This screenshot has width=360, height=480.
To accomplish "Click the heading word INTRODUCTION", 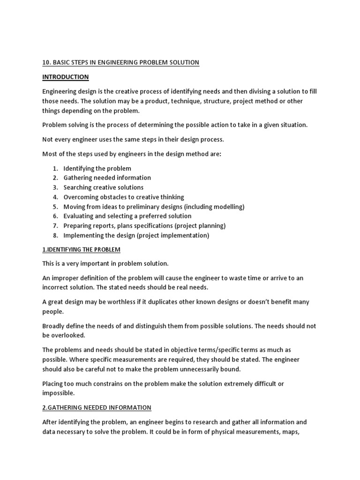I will click(x=65, y=77).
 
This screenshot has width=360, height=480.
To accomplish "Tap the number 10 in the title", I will click(x=46, y=62).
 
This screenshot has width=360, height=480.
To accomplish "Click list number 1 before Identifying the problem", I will click(x=55, y=168).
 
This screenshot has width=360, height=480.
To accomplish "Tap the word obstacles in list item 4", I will click(x=116, y=197).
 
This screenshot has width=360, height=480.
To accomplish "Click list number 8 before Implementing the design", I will click(x=55, y=235).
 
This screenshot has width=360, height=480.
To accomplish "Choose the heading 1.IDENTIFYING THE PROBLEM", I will click(x=81, y=249).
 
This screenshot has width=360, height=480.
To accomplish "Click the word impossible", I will click(x=58, y=393).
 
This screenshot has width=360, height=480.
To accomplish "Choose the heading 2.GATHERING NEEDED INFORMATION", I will click(x=97, y=407).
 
